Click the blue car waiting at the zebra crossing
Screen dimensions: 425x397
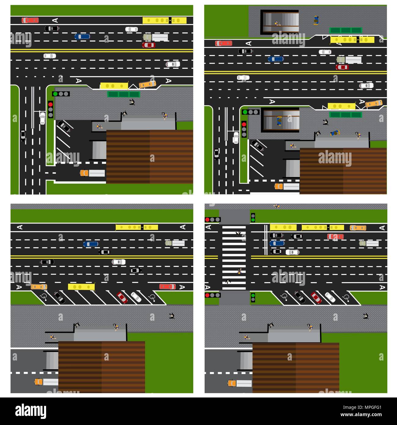tap(277, 243)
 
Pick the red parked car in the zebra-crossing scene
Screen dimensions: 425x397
tap(316, 297)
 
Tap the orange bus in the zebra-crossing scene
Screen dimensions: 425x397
tap(358, 228)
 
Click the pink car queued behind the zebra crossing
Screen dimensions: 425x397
tap(335, 236)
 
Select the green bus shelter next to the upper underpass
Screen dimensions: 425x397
tap(345, 30)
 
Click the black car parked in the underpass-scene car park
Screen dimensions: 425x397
tap(257, 146)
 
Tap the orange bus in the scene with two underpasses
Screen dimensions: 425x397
tap(374, 103)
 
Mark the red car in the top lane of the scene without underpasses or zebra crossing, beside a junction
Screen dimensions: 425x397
tap(30, 20)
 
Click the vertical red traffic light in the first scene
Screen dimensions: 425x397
tap(50, 109)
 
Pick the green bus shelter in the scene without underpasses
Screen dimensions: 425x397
tap(123, 94)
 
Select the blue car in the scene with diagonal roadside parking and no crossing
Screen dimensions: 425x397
tap(91, 244)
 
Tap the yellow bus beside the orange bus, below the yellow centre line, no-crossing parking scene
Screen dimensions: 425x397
tap(81, 287)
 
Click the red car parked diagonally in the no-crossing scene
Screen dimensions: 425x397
tap(122, 297)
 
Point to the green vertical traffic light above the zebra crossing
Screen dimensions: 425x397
tap(253, 218)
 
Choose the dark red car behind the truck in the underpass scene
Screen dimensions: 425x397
tap(342, 67)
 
